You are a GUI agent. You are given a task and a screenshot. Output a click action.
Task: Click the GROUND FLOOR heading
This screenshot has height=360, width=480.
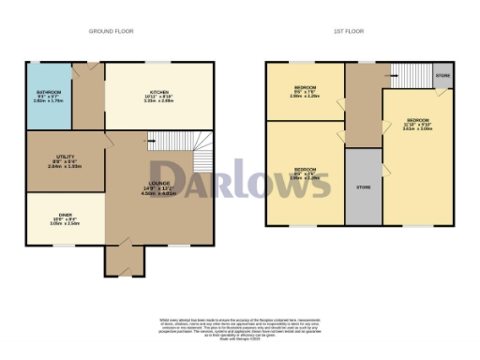[x=111, y=31]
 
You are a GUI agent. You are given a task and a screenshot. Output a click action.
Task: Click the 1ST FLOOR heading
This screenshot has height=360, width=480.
[x=350, y=31]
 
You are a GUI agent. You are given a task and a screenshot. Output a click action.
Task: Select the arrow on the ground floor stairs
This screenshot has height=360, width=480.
[x=151, y=140]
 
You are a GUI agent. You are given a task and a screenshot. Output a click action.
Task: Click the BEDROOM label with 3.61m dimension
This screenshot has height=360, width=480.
[x=418, y=122]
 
